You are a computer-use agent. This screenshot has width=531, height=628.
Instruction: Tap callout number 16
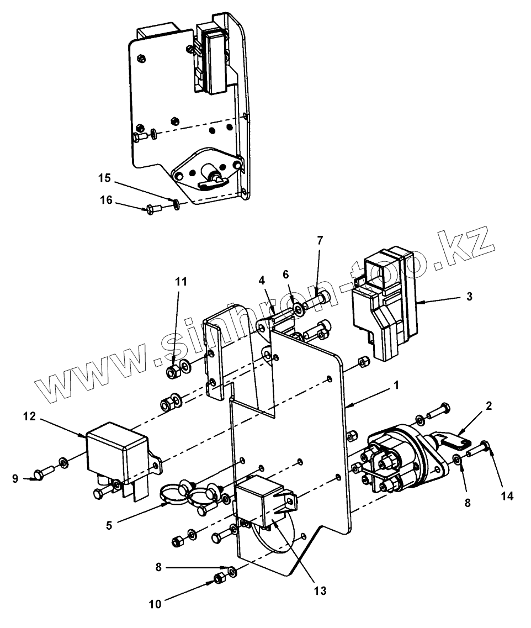106,200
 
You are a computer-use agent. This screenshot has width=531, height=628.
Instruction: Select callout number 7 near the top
320,240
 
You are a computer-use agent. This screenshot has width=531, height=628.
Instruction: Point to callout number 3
469,296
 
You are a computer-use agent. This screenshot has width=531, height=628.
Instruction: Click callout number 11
181,282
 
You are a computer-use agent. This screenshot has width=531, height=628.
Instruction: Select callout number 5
109,525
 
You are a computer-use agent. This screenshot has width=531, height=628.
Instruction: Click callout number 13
320,590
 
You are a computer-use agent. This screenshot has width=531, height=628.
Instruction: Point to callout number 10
156,604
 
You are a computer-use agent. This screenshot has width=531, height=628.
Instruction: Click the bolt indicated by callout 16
153,209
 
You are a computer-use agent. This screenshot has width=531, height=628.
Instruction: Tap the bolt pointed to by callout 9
43,473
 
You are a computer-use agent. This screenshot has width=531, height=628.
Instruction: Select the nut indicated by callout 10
219,579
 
